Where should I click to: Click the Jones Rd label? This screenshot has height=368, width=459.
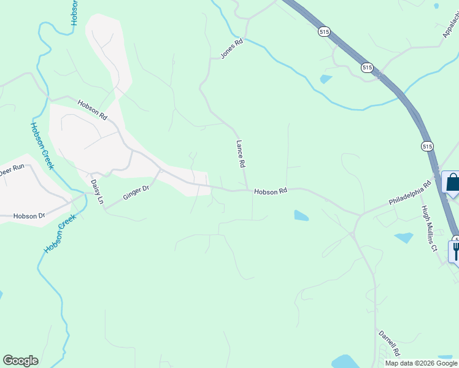click(x=232, y=48)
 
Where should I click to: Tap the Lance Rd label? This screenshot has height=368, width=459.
click(x=241, y=155)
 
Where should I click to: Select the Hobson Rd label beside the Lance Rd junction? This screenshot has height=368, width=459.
click(x=271, y=191)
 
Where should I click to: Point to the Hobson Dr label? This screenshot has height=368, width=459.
click(x=29, y=216)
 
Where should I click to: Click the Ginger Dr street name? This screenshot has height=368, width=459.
click(x=136, y=193)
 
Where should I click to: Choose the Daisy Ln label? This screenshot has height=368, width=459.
click(x=97, y=192)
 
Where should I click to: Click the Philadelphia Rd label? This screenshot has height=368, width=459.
click(x=410, y=193)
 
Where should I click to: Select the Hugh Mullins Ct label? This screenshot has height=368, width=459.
click(x=428, y=228)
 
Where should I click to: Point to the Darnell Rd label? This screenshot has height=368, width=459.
click(x=389, y=343)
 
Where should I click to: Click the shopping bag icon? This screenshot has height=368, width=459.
click(x=452, y=183)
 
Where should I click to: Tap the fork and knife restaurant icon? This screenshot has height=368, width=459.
click(x=455, y=250)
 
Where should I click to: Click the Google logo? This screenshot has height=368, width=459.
click(x=20, y=361)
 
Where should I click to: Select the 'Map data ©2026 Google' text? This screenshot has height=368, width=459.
click(x=421, y=363)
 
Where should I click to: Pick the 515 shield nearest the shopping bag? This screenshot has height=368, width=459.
click(x=428, y=146)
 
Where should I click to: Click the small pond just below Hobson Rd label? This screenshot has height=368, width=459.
click(x=301, y=215)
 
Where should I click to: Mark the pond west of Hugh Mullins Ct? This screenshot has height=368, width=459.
click(x=403, y=237)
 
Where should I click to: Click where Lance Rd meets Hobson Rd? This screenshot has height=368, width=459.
click(x=247, y=190)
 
